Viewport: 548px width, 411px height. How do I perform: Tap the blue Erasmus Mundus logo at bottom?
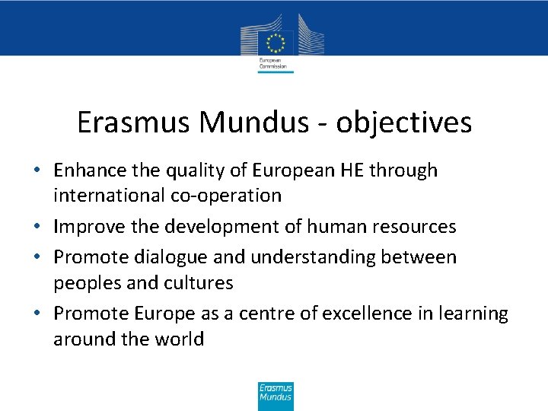[x=276, y=397]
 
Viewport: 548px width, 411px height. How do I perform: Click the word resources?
[x=413, y=227]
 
